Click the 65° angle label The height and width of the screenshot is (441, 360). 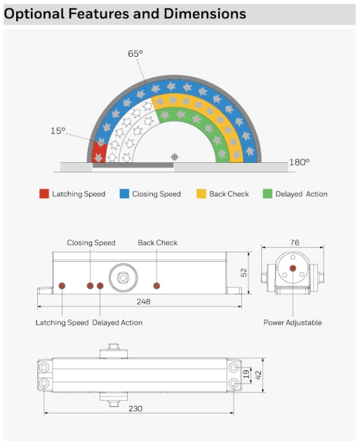click(x=135, y=53)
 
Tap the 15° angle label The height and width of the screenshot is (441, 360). click(x=58, y=131)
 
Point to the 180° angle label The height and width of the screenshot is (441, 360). click(x=299, y=162)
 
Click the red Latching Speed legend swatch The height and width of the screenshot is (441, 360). click(x=44, y=194)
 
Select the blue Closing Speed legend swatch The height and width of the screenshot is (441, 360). click(x=124, y=194)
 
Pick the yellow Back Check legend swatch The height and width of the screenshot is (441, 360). click(x=201, y=194)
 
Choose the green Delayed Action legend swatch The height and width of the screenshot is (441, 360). click(x=267, y=194)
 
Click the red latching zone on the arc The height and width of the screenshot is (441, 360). click(x=99, y=152)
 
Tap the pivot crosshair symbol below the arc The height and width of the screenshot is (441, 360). click(x=175, y=157)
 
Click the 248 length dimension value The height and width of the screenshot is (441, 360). click(x=144, y=302)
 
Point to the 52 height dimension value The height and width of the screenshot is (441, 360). click(x=244, y=272)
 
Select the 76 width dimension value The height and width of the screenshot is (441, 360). click(x=295, y=242)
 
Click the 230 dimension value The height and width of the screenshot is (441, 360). click(x=135, y=409)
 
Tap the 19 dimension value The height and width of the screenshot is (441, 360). click(x=246, y=374)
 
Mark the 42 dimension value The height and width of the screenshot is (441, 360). click(x=258, y=375)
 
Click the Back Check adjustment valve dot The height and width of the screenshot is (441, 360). click(x=156, y=286)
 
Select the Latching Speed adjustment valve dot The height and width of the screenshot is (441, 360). click(x=62, y=286)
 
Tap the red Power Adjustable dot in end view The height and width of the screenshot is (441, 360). click(x=293, y=268)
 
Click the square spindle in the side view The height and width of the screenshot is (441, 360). click(x=123, y=278)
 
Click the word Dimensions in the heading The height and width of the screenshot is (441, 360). click(x=205, y=13)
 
